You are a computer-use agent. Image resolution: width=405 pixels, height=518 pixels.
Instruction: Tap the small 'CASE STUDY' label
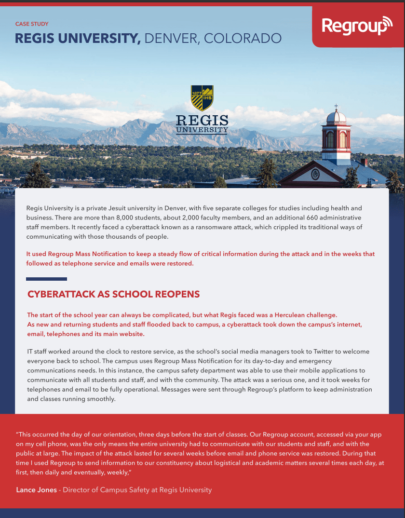click(x=32, y=24)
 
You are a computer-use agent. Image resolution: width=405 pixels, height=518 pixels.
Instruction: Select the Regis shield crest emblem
click(x=202, y=98)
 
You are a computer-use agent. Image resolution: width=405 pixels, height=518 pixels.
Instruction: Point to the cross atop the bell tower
click(x=336, y=107)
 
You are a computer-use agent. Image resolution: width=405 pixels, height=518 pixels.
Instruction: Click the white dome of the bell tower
click(x=336, y=117)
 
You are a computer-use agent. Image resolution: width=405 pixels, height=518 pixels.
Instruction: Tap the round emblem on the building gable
click(x=315, y=174)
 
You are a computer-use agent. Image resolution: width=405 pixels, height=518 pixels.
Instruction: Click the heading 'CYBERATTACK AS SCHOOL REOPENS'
click(x=113, y=294)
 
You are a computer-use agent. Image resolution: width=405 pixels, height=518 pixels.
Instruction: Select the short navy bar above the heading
click(x=46, y=279)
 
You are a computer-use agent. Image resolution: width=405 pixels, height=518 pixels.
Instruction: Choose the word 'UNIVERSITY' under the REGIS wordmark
click(x=202, y=130)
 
